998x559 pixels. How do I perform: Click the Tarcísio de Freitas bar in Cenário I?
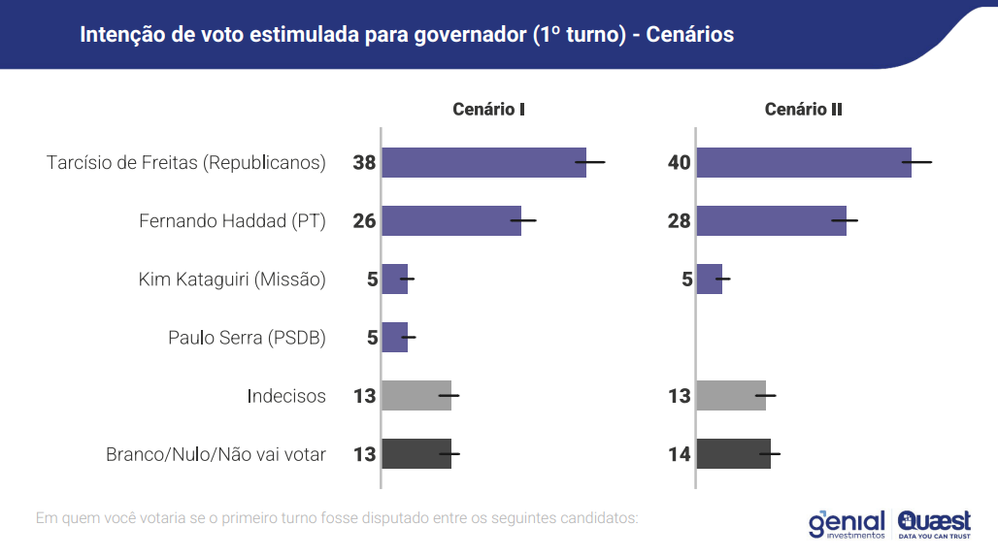tap(483, 162)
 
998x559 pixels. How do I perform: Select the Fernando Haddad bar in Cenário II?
tap(771, 221)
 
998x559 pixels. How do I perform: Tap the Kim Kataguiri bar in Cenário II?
tap(710, 279)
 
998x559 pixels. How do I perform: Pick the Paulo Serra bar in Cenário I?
tap(394, 338)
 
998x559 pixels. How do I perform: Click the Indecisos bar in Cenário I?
tap(416, 396)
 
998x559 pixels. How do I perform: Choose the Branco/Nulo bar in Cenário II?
tap(733, 454)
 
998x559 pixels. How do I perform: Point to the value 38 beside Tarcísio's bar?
tap(364, 163)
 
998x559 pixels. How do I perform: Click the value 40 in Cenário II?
tap(679, 163)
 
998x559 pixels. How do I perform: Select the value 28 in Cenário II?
tap(679, 221)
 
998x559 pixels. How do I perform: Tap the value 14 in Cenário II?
tap(679, 454)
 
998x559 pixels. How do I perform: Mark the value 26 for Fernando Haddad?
tap(364, 221)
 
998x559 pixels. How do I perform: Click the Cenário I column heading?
tap(488, 110)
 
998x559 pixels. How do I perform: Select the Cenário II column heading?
tap(803, 110)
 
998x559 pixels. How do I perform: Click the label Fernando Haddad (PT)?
tap(232, 221)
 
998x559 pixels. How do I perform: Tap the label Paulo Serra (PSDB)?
tap(247, 338)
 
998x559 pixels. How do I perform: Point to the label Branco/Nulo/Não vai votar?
tap(216, 454)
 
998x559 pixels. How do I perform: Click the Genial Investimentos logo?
tap(847, 524)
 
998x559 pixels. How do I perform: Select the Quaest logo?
tap(934, 524)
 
